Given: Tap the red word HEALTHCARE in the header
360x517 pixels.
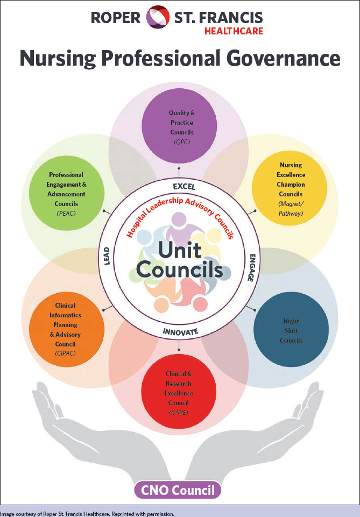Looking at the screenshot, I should [234, 31].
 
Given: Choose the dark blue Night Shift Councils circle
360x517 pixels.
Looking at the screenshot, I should [291, 329].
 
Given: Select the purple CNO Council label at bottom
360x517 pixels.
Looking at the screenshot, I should [178, 490].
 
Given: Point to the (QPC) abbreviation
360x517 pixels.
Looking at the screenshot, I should [181, 141].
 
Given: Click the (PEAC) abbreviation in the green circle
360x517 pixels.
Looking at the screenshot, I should [66, 214].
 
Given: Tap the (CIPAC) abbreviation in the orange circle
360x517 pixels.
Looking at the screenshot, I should [66, 353].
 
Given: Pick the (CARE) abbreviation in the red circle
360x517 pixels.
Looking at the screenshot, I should [179, 413].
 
